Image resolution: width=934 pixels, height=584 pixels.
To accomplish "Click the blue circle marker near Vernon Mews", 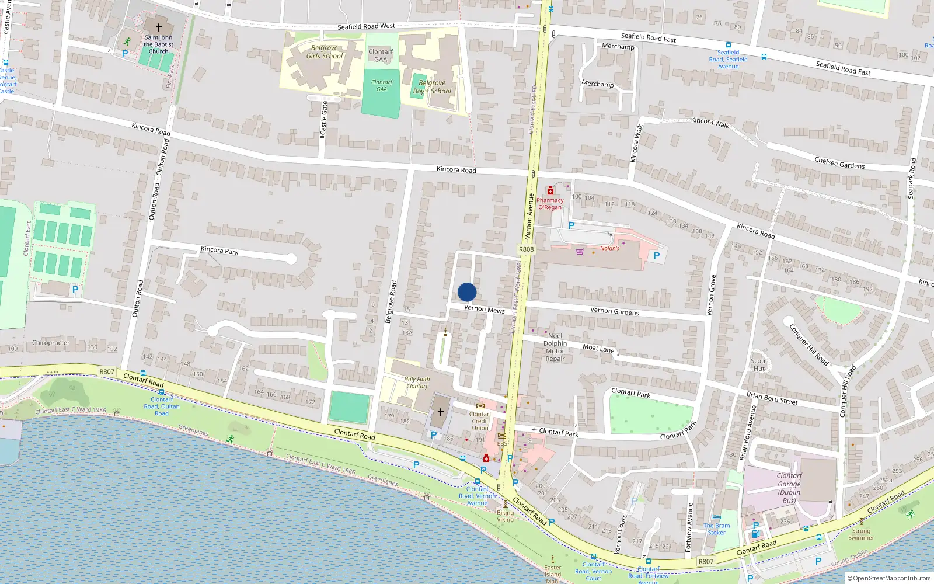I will click(467, 292).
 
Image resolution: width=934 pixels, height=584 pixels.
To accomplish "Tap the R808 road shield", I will click(526, 249).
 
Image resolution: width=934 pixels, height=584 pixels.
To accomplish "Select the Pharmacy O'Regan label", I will click(550, 203).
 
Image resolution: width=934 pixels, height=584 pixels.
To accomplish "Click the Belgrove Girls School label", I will click(325, 52).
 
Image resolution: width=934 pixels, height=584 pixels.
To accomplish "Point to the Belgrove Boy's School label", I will click(432, 87).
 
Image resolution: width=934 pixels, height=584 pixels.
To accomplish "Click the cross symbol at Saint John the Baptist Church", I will click(158, 27).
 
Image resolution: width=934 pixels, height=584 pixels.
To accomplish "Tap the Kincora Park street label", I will click(219, 250).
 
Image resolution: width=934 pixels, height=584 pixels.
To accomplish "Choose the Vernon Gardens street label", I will click(614, 311).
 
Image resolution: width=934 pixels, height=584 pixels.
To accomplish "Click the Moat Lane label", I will click(598, 348).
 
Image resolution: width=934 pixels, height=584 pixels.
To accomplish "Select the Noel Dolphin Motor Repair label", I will click(555, 347).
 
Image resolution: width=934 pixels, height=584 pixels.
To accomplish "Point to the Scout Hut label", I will click(759, 364).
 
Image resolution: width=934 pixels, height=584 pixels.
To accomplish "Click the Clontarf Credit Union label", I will click(480, 421).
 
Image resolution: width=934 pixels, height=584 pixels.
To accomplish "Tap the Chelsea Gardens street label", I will click(839, 163).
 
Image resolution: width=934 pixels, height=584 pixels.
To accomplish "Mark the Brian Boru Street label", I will click(772, 398).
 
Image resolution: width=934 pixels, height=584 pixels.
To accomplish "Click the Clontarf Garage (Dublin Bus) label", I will click(789, 488).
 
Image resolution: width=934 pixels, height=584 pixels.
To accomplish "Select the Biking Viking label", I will click(506, 516).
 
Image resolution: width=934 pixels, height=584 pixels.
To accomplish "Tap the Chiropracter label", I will click(51, 343).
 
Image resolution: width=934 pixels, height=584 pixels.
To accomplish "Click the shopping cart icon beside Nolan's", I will click(580, 252).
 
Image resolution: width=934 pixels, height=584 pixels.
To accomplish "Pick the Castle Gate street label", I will click(324, 120).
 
